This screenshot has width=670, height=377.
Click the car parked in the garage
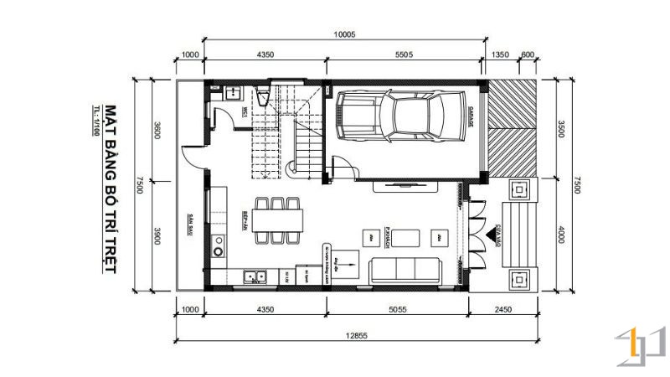click(x=400, y=116)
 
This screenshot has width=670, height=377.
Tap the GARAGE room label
click(x=471, y=118)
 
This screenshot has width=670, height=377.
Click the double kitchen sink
click(x=254, y=275)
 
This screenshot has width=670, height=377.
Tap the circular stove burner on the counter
click(x=219, y=249)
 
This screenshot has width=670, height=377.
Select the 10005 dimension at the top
click(x=344, y=34)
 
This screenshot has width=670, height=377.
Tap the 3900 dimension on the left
click(x=157, y=237)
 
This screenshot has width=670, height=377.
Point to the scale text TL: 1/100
click(x=97, y=124)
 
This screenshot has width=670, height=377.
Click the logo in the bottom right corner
click(x=641, y=348)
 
